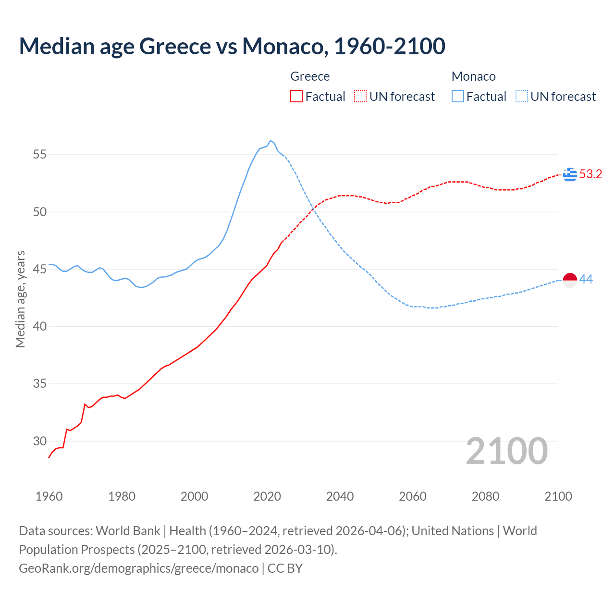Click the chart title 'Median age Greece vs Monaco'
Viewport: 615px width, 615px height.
(232, 46)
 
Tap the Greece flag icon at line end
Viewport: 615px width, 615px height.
(570, 174)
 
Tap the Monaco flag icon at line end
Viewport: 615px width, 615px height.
(570, 280)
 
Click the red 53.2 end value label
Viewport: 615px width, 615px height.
(590, 174)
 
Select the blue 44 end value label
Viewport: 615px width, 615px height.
(586, 280)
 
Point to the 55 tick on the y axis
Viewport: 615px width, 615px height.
(40, 155)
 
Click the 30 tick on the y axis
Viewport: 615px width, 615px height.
(40, 441)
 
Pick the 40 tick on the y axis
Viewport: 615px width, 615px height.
(40, 327)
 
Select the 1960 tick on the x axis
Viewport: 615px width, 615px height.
(49, 496)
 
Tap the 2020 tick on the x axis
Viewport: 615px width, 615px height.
(267, 496)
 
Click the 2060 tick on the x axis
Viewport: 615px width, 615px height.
(413, 496)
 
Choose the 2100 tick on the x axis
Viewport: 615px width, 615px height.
(558, 496)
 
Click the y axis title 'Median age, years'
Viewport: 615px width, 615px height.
(20, 299)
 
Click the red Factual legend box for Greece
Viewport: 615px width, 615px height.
(296, 97)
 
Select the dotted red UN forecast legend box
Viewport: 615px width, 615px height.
(360, 97)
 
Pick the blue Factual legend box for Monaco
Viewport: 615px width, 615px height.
(458, 97)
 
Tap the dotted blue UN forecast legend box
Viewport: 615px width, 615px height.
(522, 97)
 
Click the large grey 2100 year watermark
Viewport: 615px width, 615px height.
(507, 451)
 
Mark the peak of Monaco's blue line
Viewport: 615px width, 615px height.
(271, 141)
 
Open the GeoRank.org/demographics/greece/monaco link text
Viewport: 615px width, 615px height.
(138, 568)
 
